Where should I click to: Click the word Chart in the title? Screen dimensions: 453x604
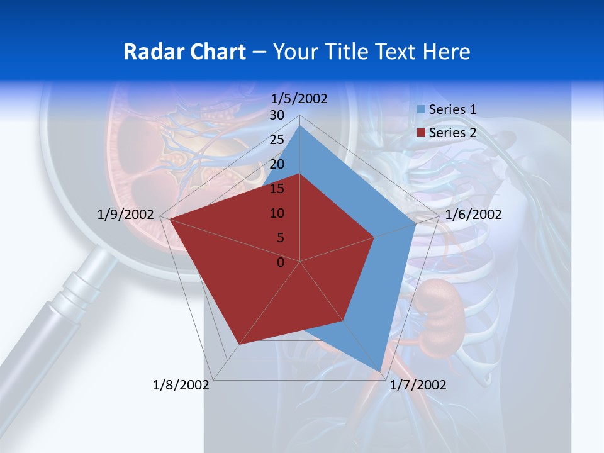click(215, 52)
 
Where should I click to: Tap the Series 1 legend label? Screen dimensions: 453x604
click(452, 109)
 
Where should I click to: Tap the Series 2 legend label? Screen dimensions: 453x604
click(452, 133)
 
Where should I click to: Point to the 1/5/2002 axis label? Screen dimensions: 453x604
click(299, 99)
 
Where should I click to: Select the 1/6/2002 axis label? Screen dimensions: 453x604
click(473, 215)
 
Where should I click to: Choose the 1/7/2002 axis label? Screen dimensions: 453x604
click(418, 385)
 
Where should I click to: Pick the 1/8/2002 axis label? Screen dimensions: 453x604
click(181, 385)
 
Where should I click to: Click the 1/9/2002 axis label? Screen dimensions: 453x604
click(126, 215)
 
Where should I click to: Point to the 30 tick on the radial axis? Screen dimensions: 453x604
click(276, 115)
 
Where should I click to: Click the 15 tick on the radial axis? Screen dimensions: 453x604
click(276, 189)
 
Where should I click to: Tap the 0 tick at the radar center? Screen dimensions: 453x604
click(281, 262)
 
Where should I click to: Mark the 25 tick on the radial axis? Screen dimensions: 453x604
click(276, 140)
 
